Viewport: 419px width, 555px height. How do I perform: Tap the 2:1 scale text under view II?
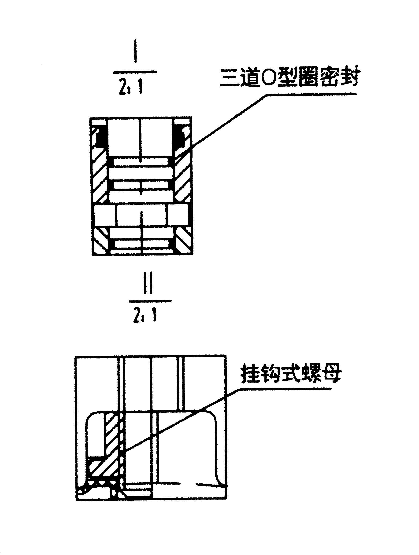[145, 315]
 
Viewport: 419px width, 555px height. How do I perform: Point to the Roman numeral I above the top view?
[136, 54]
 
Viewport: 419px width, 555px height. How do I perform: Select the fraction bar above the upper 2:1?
[135, 72]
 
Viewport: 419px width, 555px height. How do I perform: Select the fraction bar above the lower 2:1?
[150, 301]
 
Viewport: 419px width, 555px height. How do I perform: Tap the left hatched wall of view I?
[100, 176]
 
